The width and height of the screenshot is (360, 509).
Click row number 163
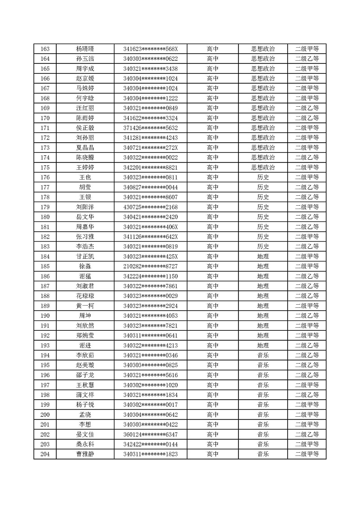[45, 49]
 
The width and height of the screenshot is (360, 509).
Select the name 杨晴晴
[85, 49]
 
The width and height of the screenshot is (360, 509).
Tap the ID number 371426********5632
[150, 128]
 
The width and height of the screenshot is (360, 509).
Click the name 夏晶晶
[85, 148]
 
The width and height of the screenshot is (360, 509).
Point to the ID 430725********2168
[150, 207]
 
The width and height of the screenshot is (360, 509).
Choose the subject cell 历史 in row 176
[263, 177]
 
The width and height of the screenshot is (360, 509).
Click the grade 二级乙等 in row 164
[307, 59]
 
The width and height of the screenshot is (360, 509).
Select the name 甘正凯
[85, 257]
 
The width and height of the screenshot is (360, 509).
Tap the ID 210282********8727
[150, 266]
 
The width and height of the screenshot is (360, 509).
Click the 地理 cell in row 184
[263, 257]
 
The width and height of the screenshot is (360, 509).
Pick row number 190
[45, 316]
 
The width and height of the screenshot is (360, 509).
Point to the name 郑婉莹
[85, 336]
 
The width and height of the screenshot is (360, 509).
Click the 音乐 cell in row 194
[263, 356]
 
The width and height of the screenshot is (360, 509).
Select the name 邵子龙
[85, 375]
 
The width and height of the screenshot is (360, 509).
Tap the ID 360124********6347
[150, 435]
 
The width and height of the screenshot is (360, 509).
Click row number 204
[45, 455]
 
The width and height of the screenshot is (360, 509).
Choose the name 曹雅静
[85, 455]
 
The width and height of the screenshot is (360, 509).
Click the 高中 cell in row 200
[212, 415]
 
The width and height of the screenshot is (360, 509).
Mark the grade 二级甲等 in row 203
[307, 445]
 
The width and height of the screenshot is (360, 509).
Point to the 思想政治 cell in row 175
[263, 167]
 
